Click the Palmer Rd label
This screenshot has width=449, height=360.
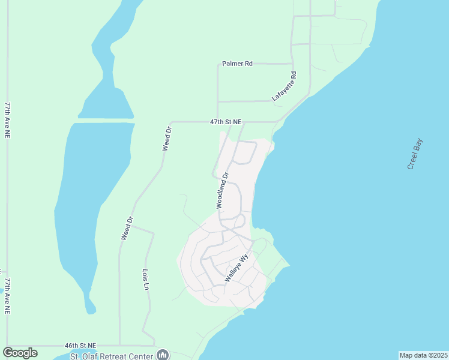pos(237,63)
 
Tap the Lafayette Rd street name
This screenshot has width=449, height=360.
pos(285,86)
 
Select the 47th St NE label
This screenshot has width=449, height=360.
pos(226,122)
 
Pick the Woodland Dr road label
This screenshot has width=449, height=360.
pos(223,191)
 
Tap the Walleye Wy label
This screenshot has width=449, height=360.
pos(237,269)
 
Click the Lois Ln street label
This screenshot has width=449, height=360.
pos(145,279)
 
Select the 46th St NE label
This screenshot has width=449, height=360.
pos(80,346)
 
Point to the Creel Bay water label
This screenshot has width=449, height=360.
pos(415,154)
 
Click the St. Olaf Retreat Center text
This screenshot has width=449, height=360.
pos(112,356)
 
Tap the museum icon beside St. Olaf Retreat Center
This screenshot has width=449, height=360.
pos(163,355)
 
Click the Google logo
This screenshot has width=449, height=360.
pos(20,353)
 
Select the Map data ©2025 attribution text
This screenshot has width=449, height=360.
pos(423,355)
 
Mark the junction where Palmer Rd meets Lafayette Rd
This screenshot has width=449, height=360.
pos(292,63)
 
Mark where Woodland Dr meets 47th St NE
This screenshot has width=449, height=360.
pos(231,122)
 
